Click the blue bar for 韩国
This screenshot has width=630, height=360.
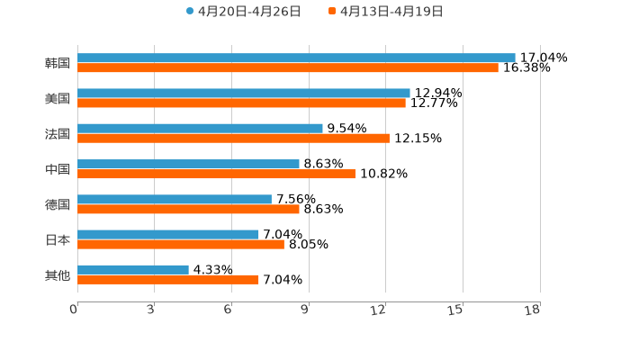pos(296,58)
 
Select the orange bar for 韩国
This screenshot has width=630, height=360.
pos(288,67)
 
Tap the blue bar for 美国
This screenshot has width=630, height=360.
pos(244,93)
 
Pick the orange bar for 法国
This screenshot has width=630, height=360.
pos(233,138)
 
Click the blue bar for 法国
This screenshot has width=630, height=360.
pos(200,128)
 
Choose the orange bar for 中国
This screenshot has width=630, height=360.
pos(216,174)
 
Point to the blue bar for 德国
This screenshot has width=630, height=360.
pos(175,199)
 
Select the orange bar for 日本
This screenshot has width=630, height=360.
pos(181,244)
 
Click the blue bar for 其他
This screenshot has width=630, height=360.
pos(133,269)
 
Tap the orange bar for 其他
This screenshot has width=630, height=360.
pos(168,279)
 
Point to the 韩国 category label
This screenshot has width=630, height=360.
pos(58,63)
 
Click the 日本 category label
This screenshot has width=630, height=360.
pos(58,239)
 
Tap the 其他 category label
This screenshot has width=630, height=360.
pos(58,274)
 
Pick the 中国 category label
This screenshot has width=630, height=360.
pos(58,169)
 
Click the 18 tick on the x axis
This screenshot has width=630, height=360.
pos(533,310)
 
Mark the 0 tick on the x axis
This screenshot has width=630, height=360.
pos(74,310)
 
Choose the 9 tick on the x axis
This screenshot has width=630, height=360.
pos(305,310)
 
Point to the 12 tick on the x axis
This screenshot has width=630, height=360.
pos(379,310)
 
